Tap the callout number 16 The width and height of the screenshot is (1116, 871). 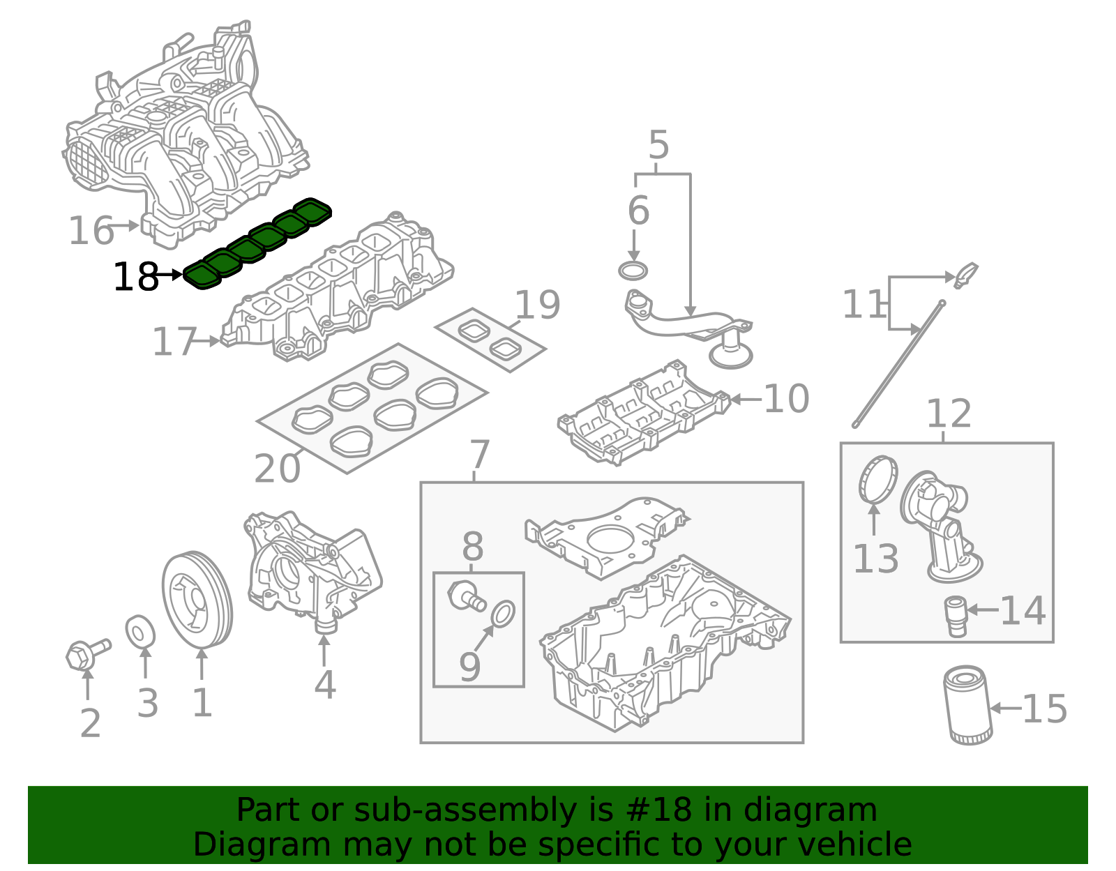(91, 231)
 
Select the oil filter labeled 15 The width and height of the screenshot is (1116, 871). (967, 705)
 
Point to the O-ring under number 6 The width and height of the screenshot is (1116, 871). (633, 270)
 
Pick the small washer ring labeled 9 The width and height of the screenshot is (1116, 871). (503, 614)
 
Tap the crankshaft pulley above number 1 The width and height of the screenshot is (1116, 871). (197, 600)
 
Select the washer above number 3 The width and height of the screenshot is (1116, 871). (140, 632)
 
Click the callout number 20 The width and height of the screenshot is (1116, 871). (277, 469)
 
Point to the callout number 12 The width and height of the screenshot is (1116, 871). (948, 414)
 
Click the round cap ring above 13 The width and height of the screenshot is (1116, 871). (877, 478)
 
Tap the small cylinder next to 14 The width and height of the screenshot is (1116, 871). (955, 615)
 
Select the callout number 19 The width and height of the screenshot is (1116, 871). (537, 305)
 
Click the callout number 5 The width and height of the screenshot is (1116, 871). (658, 146)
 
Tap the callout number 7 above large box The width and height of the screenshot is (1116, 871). (480, 455)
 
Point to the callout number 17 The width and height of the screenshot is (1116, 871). (174, 342)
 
